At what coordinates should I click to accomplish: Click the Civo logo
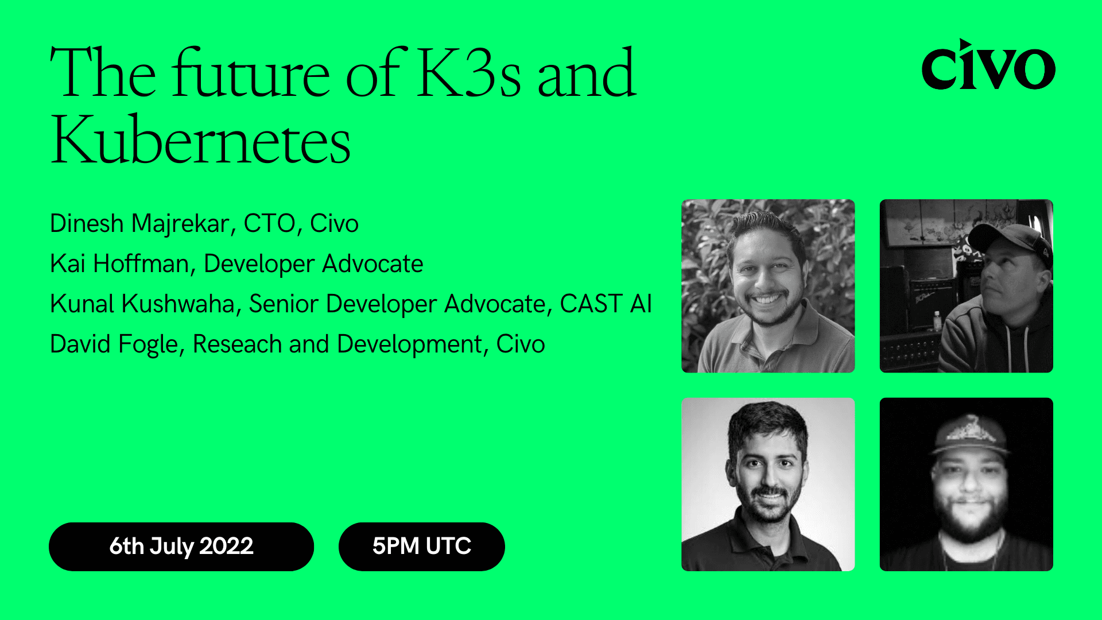pos(988,65)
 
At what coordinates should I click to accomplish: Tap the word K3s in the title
pos(469,73)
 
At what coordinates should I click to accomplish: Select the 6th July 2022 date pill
pos(181,546)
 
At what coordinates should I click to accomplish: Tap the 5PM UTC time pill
pos(422,546)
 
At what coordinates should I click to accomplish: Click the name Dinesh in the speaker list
pos(87,223)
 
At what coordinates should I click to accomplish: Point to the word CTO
pos(269,223)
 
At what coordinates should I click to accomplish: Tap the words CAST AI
pos(606,304)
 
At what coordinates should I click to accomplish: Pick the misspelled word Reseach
pos(237,344)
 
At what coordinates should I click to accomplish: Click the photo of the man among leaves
pos(768,286)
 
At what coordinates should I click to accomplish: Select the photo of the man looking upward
pos(966,286)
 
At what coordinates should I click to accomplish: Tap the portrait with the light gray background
pos(768,484)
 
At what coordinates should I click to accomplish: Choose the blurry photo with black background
pos(966,484)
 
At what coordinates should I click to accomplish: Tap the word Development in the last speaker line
pos(409,344)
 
